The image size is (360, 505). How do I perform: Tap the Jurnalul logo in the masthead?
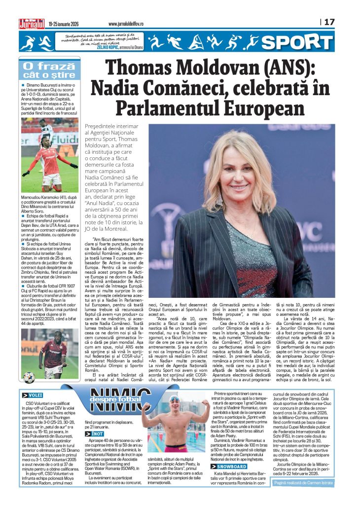tap(31, 22)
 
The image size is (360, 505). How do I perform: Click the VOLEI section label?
tap(33, 395)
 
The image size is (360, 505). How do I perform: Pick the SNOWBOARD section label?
tap(231, 466)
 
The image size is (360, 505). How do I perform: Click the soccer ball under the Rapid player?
tap(29, 378)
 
